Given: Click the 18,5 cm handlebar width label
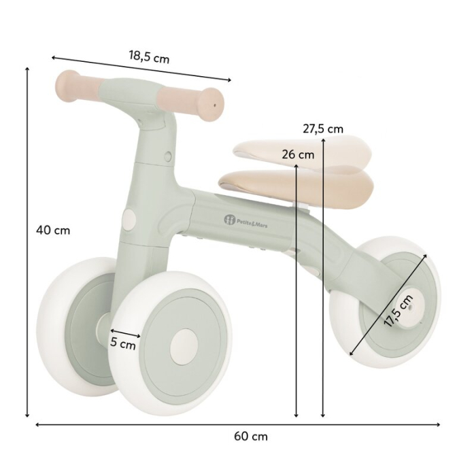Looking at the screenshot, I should point(149,57).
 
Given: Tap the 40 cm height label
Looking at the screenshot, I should point(53,230).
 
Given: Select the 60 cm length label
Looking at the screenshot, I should point(251,436).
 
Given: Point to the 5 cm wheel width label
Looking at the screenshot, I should point(123,344).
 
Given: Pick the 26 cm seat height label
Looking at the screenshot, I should point(298,154).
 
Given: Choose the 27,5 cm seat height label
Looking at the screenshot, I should point(323,129).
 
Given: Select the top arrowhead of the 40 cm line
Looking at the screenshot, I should point(27,69).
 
